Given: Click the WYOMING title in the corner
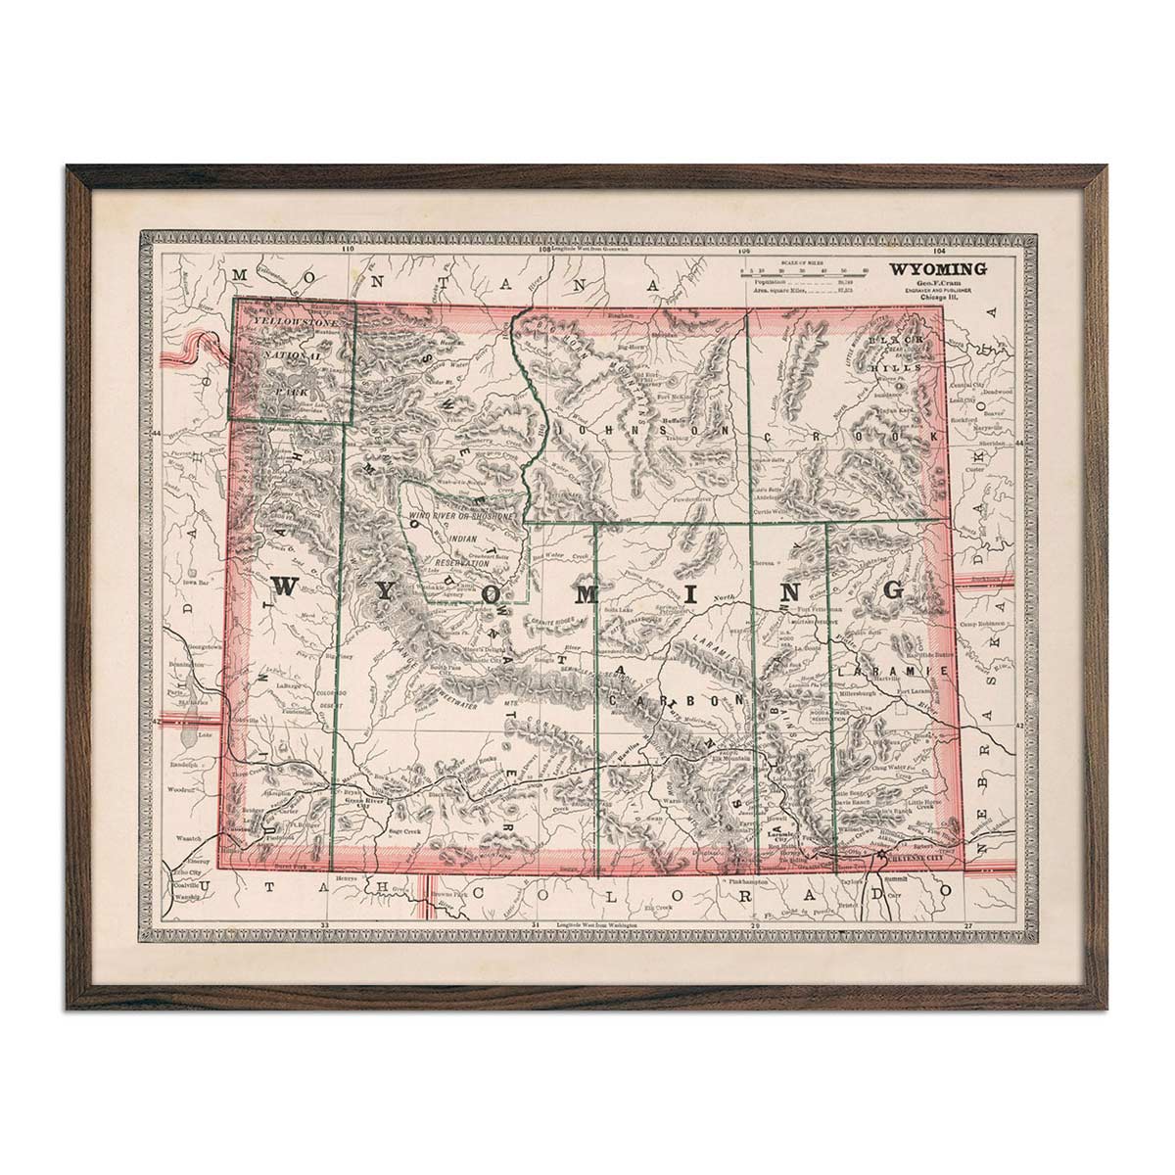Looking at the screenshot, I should point(937,267).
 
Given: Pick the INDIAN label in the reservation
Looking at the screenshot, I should point(463,540).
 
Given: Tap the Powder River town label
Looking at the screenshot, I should point(687,496).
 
